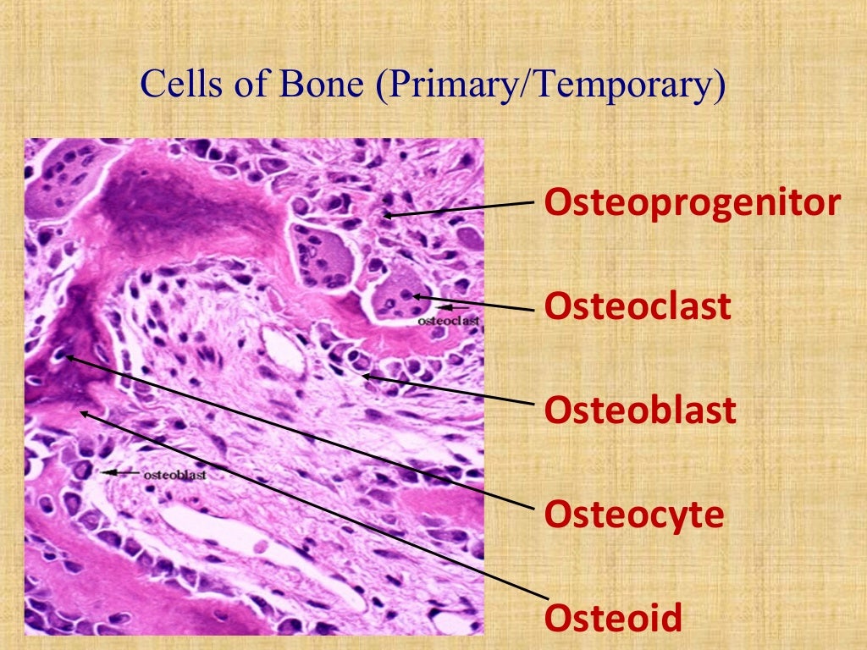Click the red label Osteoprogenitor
(x=692, y=203)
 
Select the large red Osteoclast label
(x=638, y=306)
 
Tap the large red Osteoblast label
(x=640, y=410)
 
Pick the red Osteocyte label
(x=634, y=515)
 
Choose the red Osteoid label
(x=613, y=618)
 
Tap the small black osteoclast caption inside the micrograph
(x=449, y=322)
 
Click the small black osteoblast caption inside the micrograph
(x=175, y=475)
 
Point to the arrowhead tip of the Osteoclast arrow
(x=412, y=296)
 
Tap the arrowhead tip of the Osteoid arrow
(x=80, y=412)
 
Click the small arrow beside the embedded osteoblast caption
(x=119, y=474)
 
